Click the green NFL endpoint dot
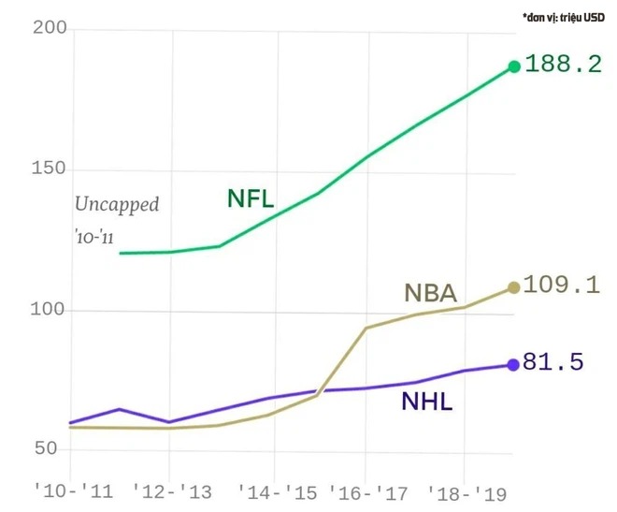513,66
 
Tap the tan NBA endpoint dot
513,287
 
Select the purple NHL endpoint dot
513,365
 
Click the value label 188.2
563,66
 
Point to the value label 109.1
562,285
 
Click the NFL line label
251,198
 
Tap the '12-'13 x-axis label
168,490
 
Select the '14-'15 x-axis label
274,490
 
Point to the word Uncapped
117,204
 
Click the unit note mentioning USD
563,16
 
